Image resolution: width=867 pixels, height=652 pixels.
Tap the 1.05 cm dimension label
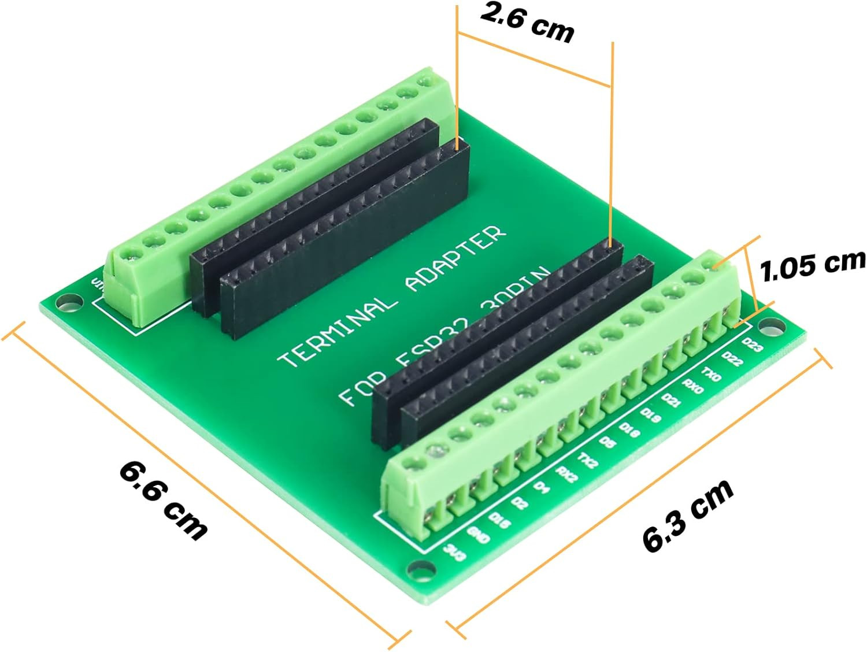(x=813, y=265)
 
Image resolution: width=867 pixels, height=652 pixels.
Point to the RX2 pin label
(x=566, y=474)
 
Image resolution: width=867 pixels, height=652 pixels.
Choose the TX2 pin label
(x=588, y=460)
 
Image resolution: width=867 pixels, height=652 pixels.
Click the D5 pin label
(x=607, y=443)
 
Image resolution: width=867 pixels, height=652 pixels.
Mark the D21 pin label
(x=670, y=399)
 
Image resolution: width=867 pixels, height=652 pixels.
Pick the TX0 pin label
(x=711, y=373)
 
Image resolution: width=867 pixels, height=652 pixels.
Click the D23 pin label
(x=752, y=345)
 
